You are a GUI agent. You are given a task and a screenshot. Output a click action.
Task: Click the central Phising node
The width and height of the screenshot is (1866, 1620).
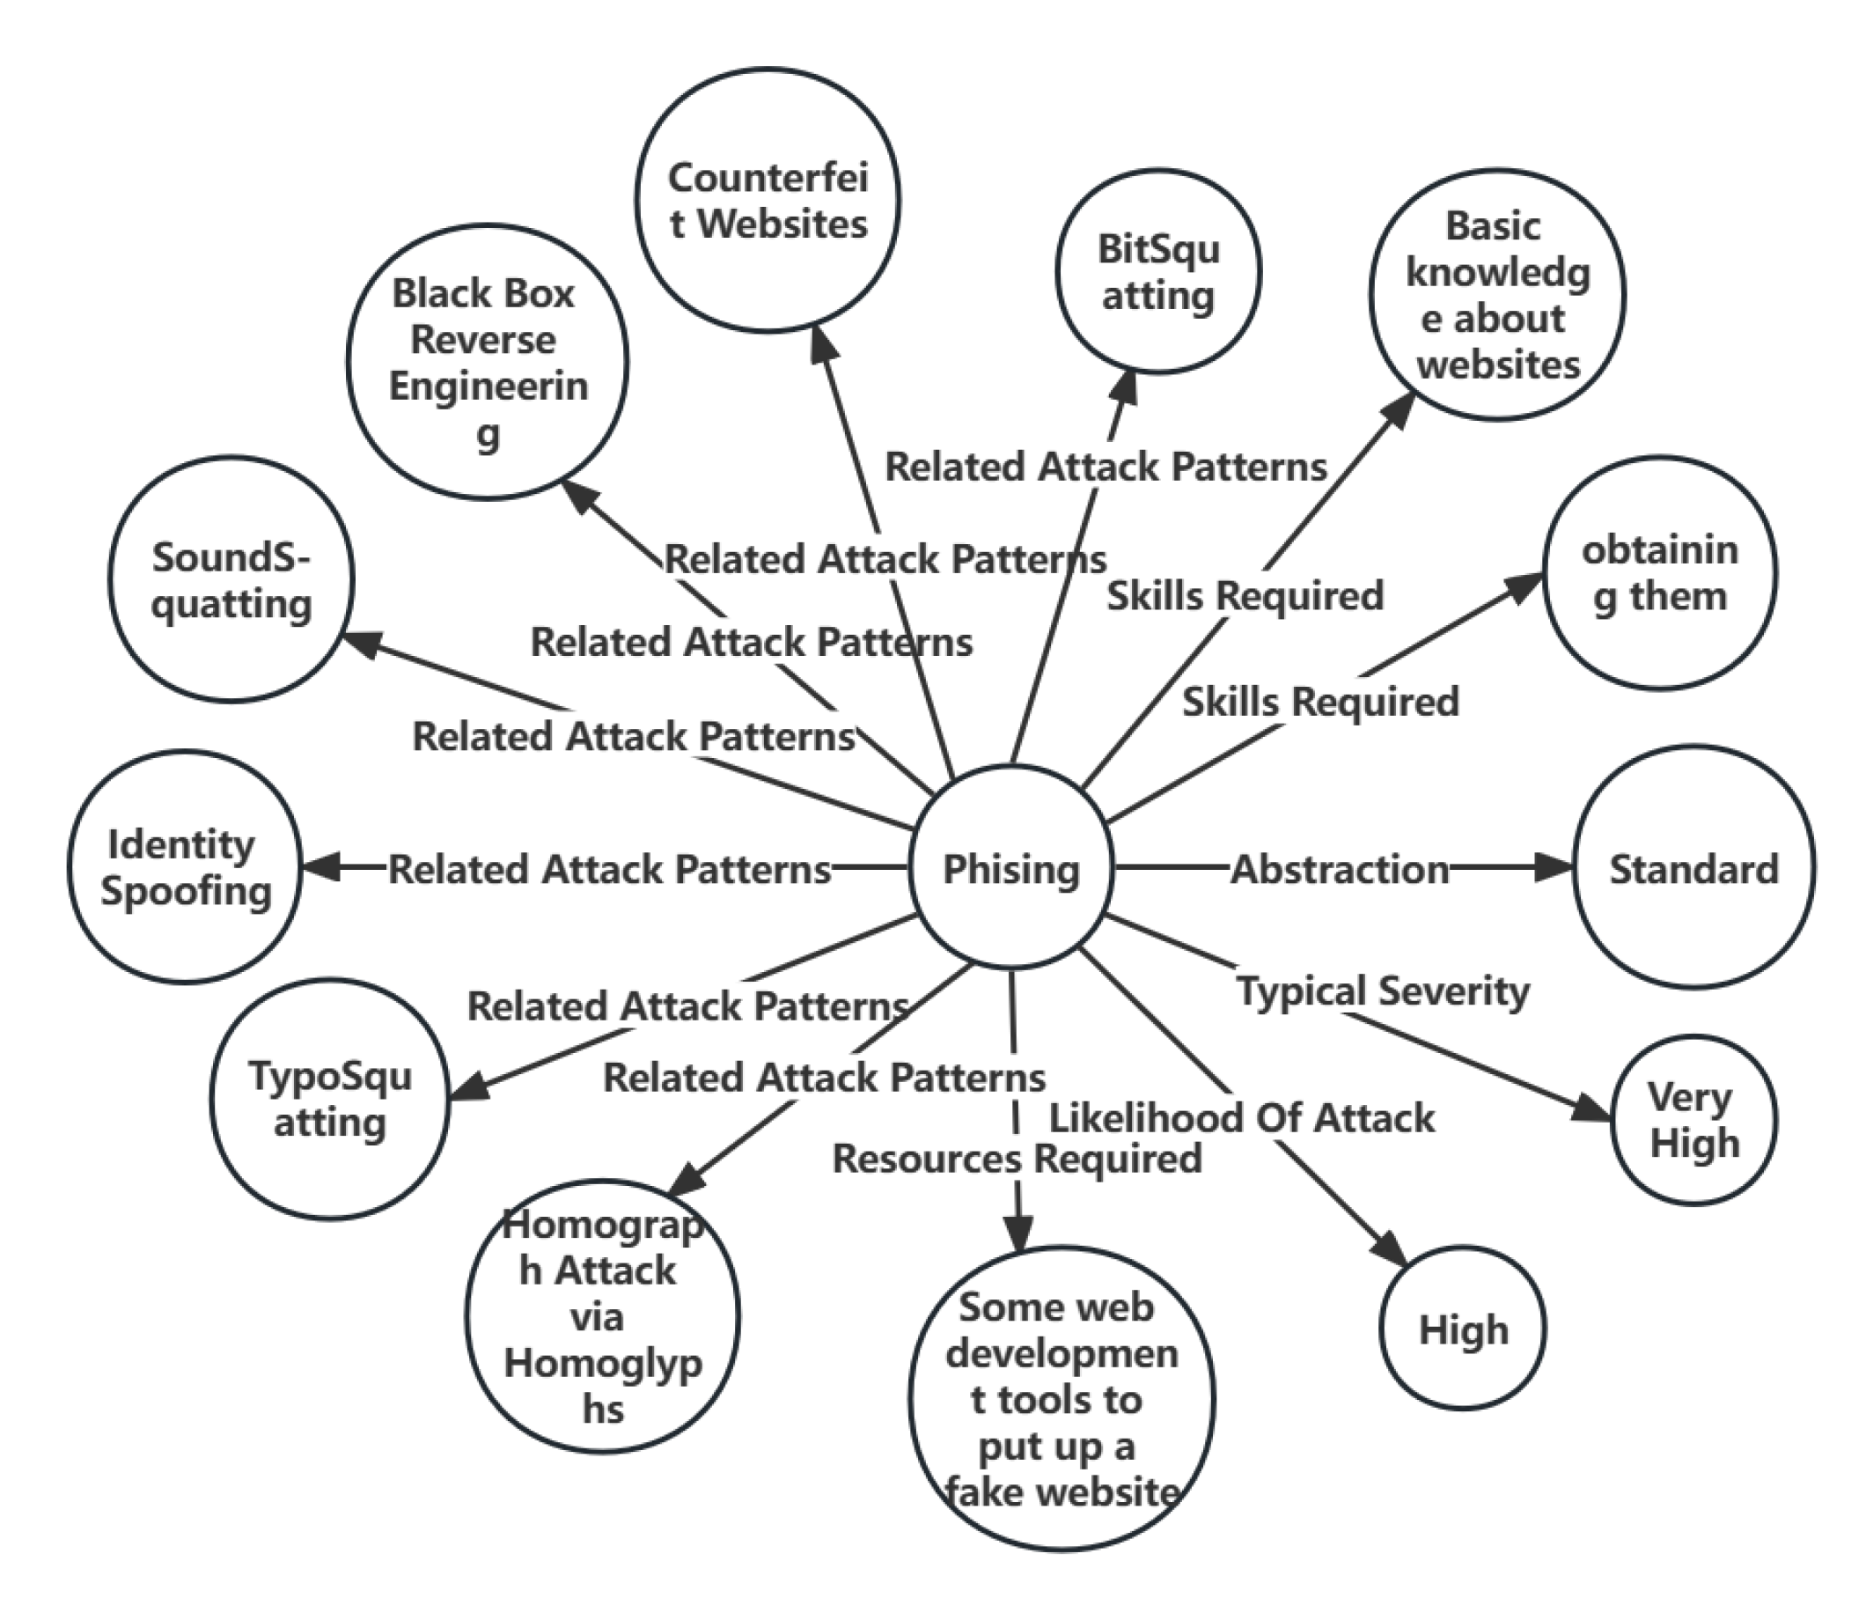tap(1010, 868)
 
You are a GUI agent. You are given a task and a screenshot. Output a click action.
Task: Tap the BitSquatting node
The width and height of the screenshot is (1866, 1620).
tap(1158, 271)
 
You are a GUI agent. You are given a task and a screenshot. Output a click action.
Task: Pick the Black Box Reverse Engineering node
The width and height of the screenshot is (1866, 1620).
tap(487, 362)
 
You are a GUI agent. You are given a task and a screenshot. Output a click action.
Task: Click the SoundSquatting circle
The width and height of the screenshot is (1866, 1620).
tap(231, 579)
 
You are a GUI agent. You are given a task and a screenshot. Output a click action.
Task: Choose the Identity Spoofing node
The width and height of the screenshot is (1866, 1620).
tap(185, 867)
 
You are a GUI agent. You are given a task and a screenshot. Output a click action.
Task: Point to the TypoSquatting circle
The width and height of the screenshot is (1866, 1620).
tap(330, 1099)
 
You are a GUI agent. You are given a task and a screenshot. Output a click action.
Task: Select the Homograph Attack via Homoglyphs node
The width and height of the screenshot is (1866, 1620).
tap(603, 1316)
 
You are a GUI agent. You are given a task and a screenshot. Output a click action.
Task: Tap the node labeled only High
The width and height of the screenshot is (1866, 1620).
tap(1463, 1329)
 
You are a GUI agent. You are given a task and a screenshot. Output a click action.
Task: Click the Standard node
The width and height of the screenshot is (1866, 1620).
tap(1693, 868)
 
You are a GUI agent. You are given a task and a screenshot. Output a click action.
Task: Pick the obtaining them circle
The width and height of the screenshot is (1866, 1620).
tap(1659, 573)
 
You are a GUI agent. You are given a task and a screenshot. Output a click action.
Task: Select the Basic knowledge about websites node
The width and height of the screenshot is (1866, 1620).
tap(1496, 295)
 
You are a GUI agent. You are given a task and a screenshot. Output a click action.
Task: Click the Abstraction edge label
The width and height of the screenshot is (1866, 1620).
tap(1339, 869)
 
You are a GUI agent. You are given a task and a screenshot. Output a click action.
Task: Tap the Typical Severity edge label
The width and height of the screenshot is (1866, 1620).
tap(1383, 990)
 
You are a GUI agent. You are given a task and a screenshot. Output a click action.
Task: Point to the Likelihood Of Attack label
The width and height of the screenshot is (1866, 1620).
tap(1241, 1118)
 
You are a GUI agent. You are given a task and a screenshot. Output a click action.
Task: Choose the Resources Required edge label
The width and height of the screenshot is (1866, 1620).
tap(1017, 1158)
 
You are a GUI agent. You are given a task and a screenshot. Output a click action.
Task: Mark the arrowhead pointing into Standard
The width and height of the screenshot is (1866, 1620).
tap(1556, 868)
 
